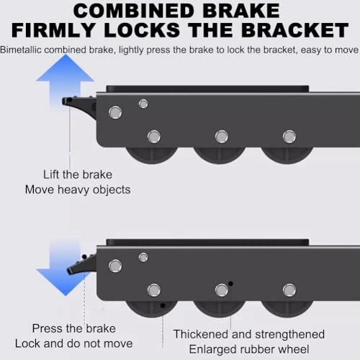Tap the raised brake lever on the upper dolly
point(79,106)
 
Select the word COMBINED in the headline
point(135,11)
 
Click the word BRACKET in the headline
point(295,30)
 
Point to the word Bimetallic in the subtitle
point(21,50)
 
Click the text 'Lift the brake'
point(78,174)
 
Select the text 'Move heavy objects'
point(78,189)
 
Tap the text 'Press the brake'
point(74,328)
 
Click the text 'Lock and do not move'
point(74,343)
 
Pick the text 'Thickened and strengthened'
point(249,334)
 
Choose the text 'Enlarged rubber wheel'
point(249,349)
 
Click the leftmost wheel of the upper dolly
point(152,155)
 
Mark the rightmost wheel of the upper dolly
point(287,155)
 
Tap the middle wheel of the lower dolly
point(220,309)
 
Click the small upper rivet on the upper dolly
point(143,104)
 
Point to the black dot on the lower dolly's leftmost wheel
point(163,305)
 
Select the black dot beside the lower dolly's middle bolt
point(230,284)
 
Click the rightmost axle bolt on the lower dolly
point(289,290)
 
